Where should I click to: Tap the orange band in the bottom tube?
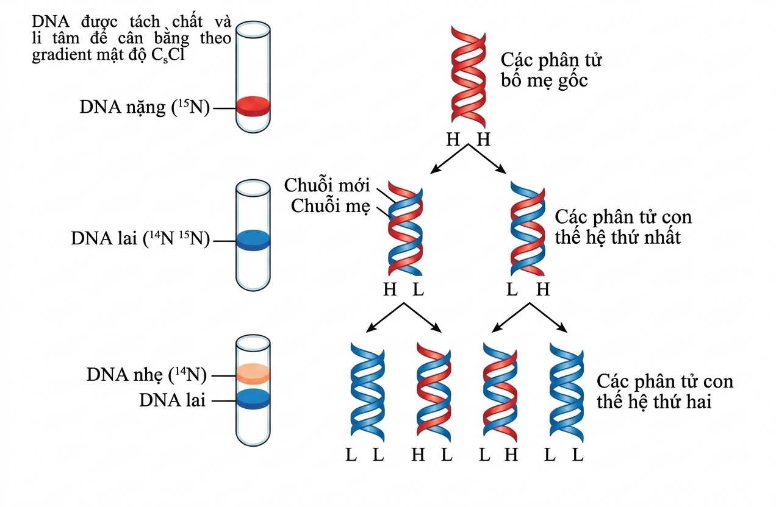click(x=253, y=373)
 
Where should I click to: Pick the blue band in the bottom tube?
click(x=253, y=399)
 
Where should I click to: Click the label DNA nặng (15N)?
click(x=145, y=107)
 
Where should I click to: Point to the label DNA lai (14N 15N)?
click(x=140, y=239)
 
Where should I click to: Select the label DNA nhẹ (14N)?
click(x=146, y=375)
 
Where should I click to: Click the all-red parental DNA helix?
click(x=468, y=74)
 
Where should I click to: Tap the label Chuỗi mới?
click(x=327, y=186)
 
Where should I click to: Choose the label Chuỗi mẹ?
click(x=330, y=206)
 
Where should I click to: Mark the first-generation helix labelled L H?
click(x=528, y=229)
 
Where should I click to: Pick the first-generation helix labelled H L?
click(x=405, y=229)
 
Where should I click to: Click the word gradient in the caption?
click(x=58, y=57)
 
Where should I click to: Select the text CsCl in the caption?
click(x=176, y=56)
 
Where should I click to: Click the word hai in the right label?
click(x=697, y=402)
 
